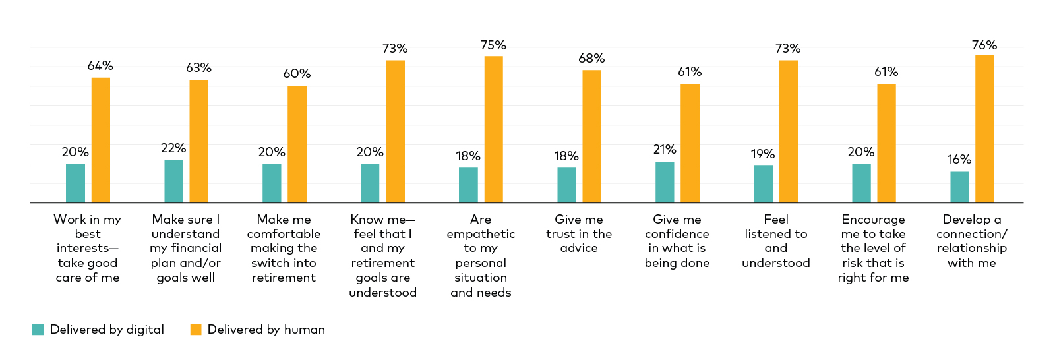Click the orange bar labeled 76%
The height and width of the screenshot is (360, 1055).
[984, 129]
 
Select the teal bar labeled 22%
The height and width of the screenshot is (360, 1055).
[173, 181]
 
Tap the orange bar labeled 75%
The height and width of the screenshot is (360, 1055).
[493, 129]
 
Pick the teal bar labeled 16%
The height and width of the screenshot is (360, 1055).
[959, 187]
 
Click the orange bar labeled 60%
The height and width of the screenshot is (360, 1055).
[297, 144]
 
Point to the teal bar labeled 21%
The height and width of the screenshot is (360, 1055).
[665, 183]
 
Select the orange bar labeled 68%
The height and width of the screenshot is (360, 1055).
[591, 136]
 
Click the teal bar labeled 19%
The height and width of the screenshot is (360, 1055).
[763, 184]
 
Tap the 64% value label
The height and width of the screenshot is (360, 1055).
[100, 66]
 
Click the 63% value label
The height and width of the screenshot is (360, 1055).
[198, 68]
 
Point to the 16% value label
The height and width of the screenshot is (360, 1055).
[959, 160]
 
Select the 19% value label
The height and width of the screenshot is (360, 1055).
[763, 154]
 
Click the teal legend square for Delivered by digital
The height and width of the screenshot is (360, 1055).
[38, 330]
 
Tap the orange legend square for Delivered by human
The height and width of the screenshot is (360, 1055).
[196, 330]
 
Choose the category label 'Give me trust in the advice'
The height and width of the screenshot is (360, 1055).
[579, 233]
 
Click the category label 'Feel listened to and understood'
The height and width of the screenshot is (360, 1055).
[776, 241]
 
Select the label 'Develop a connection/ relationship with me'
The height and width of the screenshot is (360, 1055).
[972, 241]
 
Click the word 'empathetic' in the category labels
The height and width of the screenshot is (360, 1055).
[481, 234]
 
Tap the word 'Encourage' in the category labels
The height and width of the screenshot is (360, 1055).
[873, 220]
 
